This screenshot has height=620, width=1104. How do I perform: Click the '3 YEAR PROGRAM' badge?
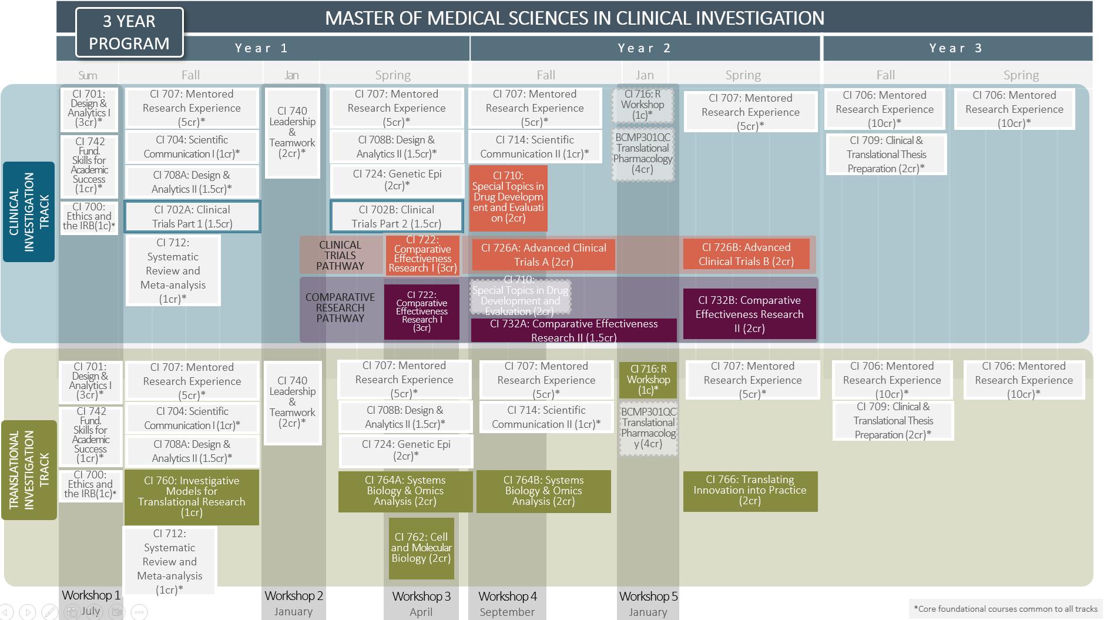(x=129, y=32)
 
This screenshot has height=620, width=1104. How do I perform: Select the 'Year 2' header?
(x=645, y=48)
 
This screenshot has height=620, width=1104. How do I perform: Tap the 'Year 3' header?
(x=957, y=48)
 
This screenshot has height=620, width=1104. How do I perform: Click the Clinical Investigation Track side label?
(x=29, y=212)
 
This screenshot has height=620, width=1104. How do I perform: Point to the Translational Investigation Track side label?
(x=29, y=470)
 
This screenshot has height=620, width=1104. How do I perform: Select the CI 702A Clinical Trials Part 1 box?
(x=192, y=217)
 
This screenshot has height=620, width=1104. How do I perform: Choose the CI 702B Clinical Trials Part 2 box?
(x=397, y=217)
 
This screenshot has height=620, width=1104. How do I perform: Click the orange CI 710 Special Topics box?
(x=508, y=197)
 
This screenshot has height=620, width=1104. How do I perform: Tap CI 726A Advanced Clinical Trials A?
(x=543, y=255)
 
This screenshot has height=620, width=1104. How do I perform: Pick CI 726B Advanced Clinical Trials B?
(x=746, y=254)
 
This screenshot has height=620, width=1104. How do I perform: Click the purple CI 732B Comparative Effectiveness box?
(x=750, y=314)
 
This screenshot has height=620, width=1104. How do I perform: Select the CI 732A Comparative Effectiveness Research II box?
(x=573, y=330)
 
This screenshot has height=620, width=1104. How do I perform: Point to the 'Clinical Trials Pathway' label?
(x=340, y=256)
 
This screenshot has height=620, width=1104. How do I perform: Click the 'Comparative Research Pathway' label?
(x=340, y=308)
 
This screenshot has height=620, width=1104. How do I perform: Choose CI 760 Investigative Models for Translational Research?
(x=192, y=497)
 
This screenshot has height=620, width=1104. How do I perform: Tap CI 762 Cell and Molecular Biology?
(x=421, y=548)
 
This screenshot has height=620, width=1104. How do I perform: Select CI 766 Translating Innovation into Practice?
(x=750, y=491)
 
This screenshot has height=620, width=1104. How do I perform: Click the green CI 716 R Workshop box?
(x=648, y=380)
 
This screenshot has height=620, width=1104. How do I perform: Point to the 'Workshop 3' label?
(x=421, y=596)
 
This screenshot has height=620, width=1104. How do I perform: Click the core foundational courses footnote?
(x=1005, y=609)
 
